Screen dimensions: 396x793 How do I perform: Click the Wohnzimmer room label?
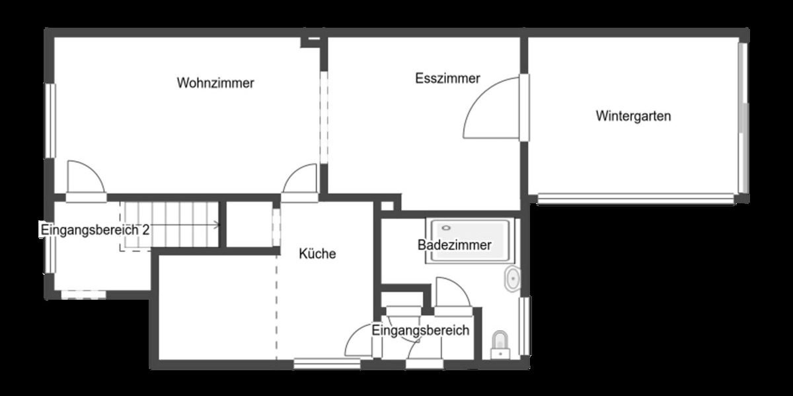click(x=215, y=83)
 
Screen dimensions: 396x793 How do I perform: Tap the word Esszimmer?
click(x=447, y=79)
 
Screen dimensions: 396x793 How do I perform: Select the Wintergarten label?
click(x=633, y=116)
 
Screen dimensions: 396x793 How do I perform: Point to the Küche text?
click(x=317, y=253)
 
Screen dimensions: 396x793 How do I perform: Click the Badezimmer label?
click(x=454, y=246)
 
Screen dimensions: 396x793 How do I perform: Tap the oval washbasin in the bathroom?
click(x=512, y=279)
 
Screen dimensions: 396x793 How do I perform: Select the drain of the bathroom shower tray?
click(x=446, y=228)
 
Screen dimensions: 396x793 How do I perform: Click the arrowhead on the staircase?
click(x=217, y=225)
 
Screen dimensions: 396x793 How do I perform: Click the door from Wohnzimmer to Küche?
click(x=301, y=181)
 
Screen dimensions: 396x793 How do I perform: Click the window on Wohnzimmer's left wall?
click(x=50, y=121)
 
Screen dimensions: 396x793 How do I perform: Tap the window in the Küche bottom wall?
click(x=318, y=362)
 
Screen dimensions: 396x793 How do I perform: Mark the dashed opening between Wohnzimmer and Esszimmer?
click(x=323, y=115)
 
